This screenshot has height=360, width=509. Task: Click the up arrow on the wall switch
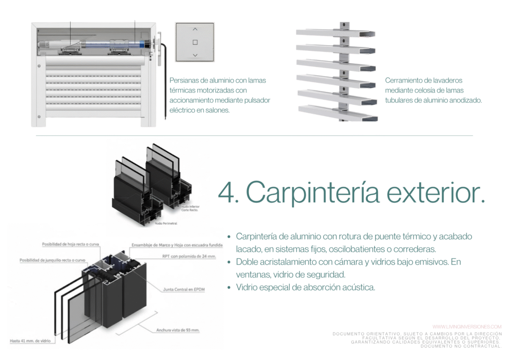pyautogui.click(x=195, y=29)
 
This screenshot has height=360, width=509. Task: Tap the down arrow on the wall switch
pyautogui.click(x=195, y=55)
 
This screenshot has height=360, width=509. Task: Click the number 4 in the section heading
pyautogui.click(x=227, y=192)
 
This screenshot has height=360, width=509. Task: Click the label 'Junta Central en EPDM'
pyautogui.click(x=184, y=289)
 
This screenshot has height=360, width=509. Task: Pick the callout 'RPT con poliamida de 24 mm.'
pyautogui.click(x=188, y=257)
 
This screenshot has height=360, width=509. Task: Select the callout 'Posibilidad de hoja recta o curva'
pyautogui.click(x=72, y=244)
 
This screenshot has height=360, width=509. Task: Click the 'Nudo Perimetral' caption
pyautogui.click(x=166, y=224)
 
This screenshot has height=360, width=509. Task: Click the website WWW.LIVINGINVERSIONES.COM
pyautogui.click(x=459, y=327)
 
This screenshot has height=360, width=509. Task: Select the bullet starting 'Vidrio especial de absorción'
pyautogui.click(x=305, y=287)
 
